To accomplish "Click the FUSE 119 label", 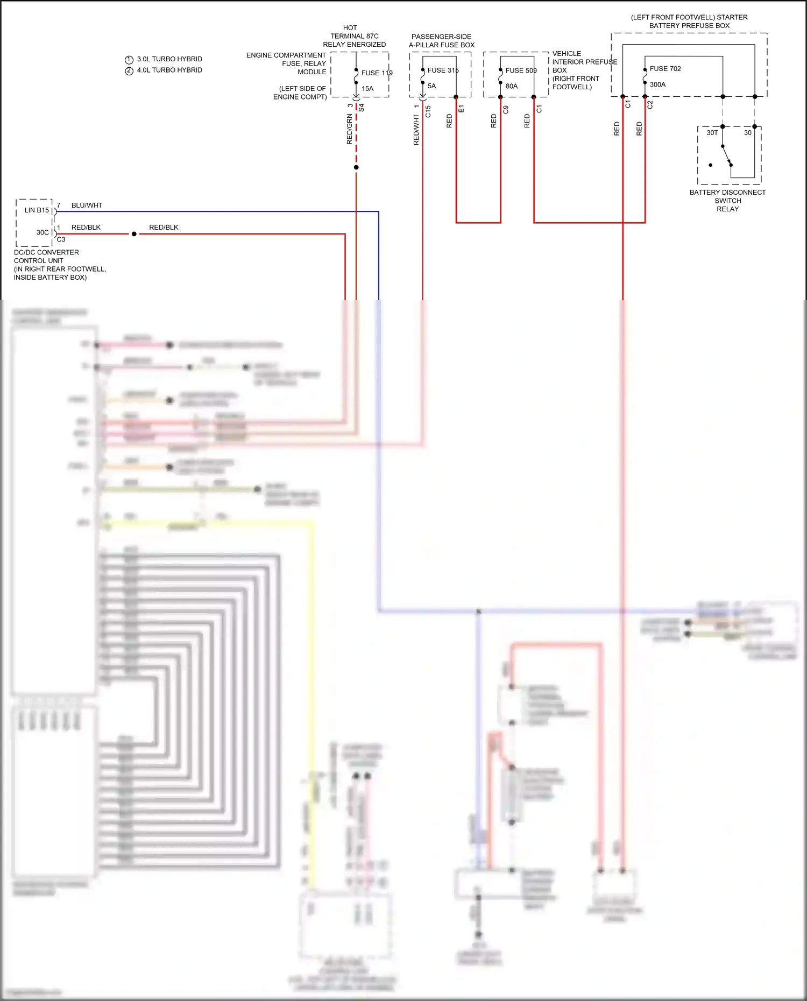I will point(377,73).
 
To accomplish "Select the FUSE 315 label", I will point(443,70).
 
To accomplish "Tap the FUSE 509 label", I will point(521,70).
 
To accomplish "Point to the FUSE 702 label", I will point(665,68).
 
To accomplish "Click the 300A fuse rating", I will point(657,84).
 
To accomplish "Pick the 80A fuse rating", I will point(511,86).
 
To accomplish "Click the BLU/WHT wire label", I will point(87,205).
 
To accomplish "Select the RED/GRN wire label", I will point(350,129).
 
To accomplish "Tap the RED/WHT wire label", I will point(416,130).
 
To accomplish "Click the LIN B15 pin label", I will point(37,210).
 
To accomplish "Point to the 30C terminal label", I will point(43,232).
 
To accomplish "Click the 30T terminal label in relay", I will point(712,133).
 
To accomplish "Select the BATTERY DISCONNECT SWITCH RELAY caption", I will point(727,201).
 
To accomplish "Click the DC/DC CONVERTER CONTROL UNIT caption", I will point(46,257).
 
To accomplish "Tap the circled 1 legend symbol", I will point(129,60).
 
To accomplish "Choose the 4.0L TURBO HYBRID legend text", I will point(169,70).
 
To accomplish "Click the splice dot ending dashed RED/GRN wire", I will point(356,167).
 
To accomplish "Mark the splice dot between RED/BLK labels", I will point(134,234).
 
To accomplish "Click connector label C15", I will point(428,111).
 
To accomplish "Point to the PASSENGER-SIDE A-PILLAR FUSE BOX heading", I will point(441,41).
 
